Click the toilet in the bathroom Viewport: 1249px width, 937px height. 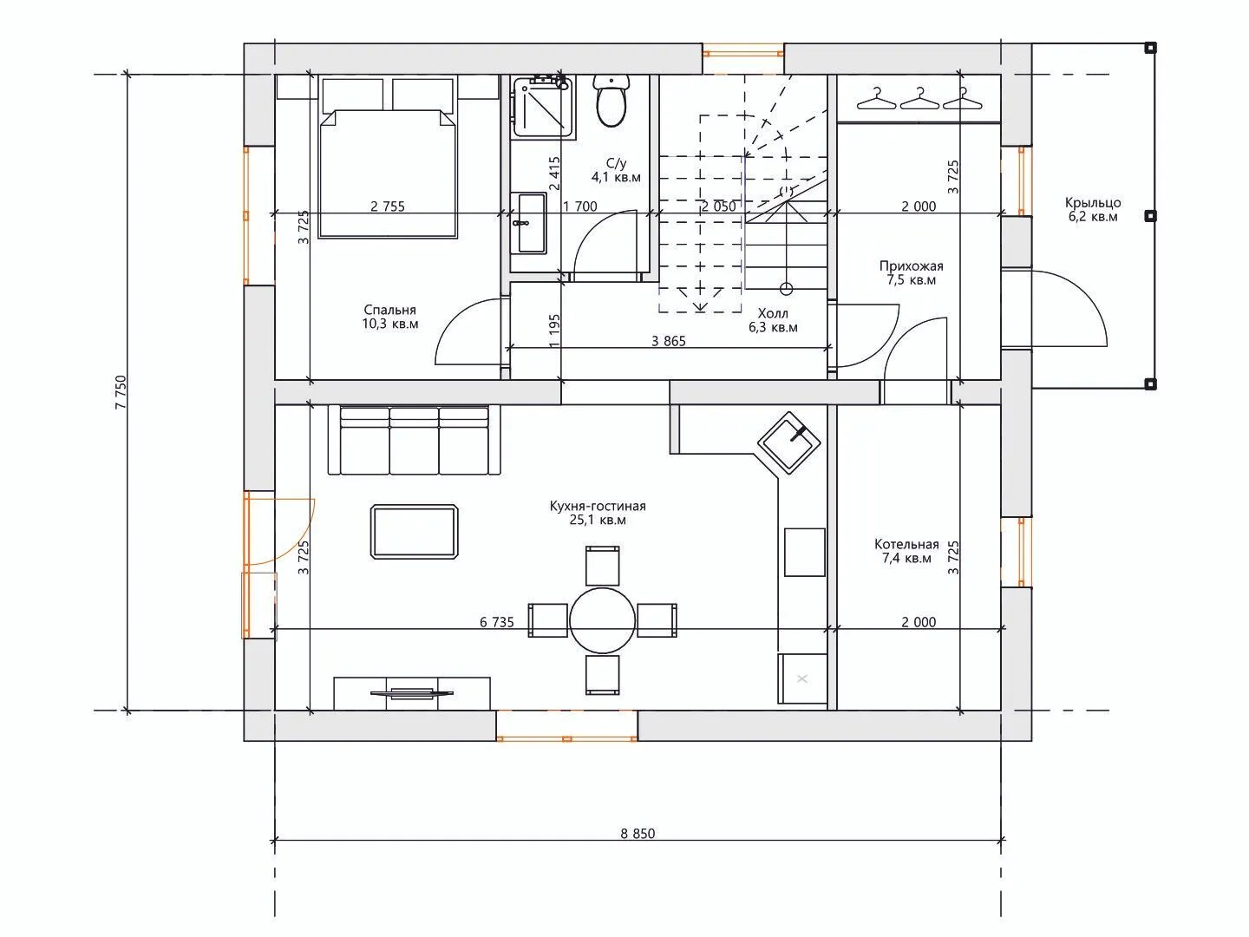[611, 101]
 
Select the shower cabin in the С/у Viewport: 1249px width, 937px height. [542, 107]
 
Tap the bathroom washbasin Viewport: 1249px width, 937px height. [528, 223]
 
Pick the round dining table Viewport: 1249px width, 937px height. [602, 620]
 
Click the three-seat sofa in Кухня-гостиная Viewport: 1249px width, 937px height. [415, 440]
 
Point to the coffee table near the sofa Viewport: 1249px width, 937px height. [415, 532]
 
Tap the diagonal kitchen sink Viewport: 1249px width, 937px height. [788, 442]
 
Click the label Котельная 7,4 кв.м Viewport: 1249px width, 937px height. [907, 551]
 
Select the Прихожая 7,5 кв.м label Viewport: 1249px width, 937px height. [911, 273]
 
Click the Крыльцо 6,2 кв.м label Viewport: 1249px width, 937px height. [1093, 209]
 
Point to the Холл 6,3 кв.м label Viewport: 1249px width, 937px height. [773, 320]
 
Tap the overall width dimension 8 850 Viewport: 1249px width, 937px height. [638, 834]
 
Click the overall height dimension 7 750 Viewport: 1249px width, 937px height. [121, 392]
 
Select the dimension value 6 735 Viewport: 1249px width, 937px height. [497, 622]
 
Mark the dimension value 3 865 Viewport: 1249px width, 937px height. [669, 341]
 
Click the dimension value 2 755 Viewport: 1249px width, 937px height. [388, 206]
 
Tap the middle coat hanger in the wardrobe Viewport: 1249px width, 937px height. [920, 98]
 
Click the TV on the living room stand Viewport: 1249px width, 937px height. [412, 692]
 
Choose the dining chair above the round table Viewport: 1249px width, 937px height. [603, 566]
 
